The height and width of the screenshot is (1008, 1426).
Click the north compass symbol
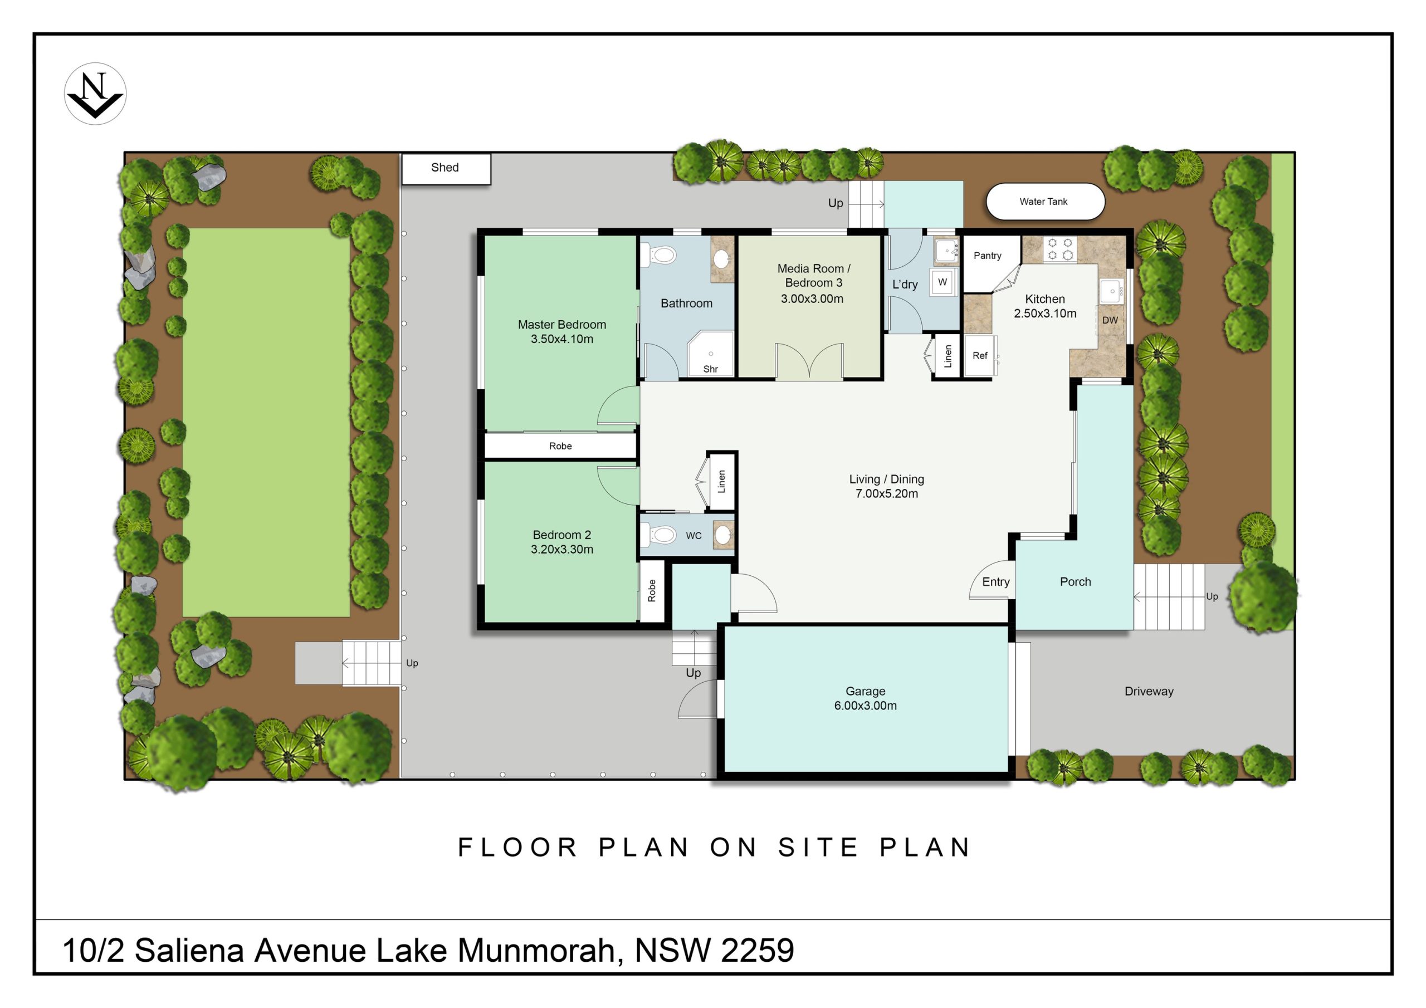[x=95, y=94]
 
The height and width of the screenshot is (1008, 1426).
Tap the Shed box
[x=446, y=169]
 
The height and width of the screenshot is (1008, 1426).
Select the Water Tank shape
[x=1046, y=201]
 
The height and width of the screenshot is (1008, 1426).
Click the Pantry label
[x=988, y=256]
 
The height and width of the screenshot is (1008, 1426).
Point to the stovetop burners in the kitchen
[x=1060, y=249]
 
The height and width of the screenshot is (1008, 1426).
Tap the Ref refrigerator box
[x=979, y=356]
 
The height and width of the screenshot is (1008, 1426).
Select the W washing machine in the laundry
[x=943, y=282]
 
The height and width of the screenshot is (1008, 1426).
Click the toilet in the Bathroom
[x=659, y=255]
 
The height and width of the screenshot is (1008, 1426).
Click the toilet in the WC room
[x=659, y=535]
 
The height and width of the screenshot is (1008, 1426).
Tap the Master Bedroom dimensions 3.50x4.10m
[x=562, y=339]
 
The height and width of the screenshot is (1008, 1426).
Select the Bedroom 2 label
[x=562, y=535]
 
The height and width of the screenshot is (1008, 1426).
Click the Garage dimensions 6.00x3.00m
[x=865, y=706]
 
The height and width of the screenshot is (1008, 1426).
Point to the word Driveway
[x=1149, y=691]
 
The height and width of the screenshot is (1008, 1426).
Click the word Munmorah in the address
[x=536, y=950]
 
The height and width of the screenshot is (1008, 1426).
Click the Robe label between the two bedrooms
[x=560, y=446]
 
